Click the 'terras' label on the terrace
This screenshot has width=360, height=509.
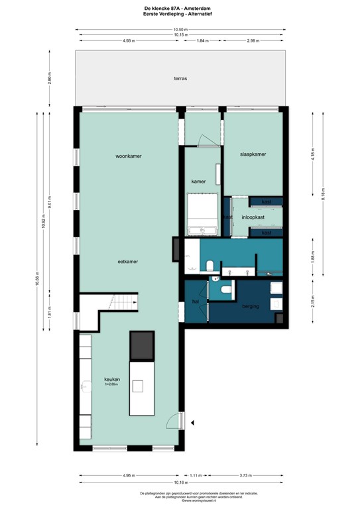tap(180, 78)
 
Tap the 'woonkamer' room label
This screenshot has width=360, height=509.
tap(129, 156)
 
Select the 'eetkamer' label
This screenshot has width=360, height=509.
tap(127, 262)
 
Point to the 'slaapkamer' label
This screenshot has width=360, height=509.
tap(253, 154)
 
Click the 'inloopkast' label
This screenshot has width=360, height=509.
tap(253, 217)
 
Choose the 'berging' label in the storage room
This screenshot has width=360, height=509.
tap(250, 307)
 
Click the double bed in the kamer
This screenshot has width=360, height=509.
tap(204, 214)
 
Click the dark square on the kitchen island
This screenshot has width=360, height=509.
tap(142, 345)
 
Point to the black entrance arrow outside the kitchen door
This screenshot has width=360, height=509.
tap(192, 422)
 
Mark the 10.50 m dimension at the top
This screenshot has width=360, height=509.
tap(180, 30)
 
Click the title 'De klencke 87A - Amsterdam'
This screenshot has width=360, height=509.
tap(180, 7)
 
